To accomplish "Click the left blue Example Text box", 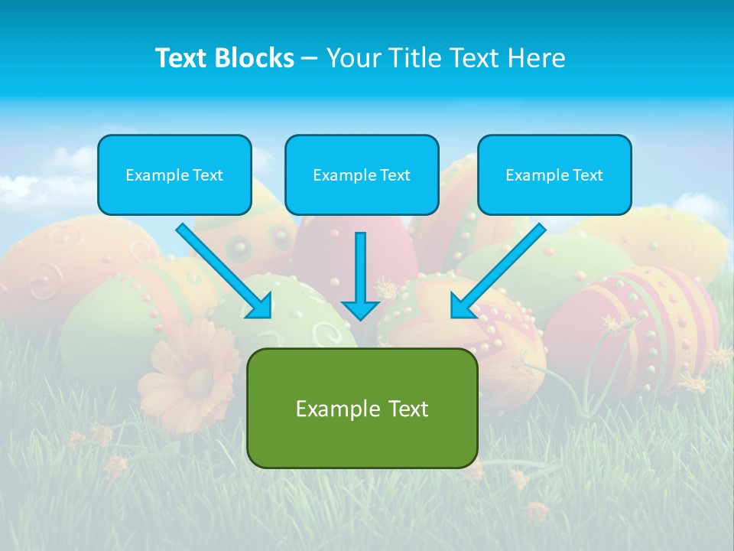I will [x=174, y=174].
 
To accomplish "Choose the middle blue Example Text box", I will [x=362, y=174].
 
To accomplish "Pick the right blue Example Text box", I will [x=554, y=174].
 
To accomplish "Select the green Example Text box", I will [x=362, y=408].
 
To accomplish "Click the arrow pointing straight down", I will [x=360, y=272].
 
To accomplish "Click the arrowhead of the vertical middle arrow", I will [x=360, y=310].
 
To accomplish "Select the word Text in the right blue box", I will [x=587, y=174].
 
